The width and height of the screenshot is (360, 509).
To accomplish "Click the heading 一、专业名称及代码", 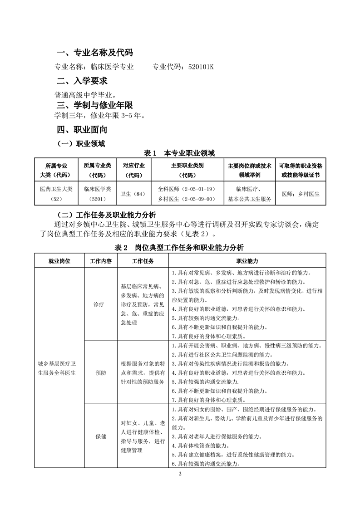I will click(x=94, y=53).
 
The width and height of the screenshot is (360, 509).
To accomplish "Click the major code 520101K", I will click(x=197, y=67).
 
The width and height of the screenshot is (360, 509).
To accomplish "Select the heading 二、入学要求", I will click(x=82, y=81).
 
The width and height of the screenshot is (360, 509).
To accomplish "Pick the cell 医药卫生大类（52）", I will click(x=56, y=194).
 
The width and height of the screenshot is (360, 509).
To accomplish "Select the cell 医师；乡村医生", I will click(x=301, y=194).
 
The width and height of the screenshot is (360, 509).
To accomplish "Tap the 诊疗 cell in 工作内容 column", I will click(x=100, y=304).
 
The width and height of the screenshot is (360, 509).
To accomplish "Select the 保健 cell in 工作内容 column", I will click(x=100, y=436).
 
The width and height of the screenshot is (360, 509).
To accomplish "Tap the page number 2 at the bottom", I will click(x=180, y=474).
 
